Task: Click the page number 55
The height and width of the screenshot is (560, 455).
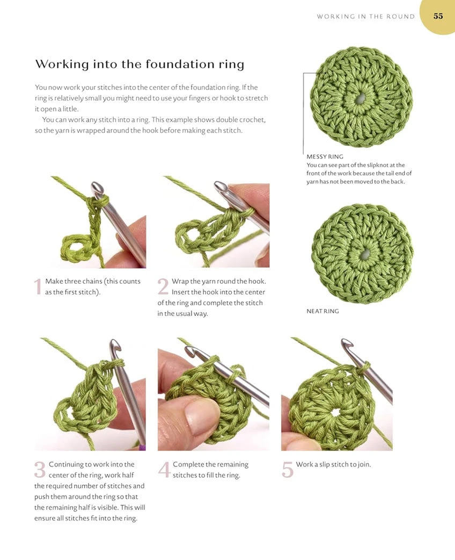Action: click(438, 16)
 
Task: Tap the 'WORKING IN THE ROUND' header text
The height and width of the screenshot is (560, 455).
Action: click(365, 17)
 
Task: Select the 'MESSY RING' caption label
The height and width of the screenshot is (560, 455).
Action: click(325, 156)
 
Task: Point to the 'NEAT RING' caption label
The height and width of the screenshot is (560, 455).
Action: click(322, 311)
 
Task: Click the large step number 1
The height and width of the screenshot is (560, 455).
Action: click(38, 286)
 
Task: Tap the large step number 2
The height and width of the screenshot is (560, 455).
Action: click(163, 286)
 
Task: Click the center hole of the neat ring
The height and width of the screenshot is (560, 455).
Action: click(365, 254)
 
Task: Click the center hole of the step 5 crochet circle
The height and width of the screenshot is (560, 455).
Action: click(335, 413)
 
